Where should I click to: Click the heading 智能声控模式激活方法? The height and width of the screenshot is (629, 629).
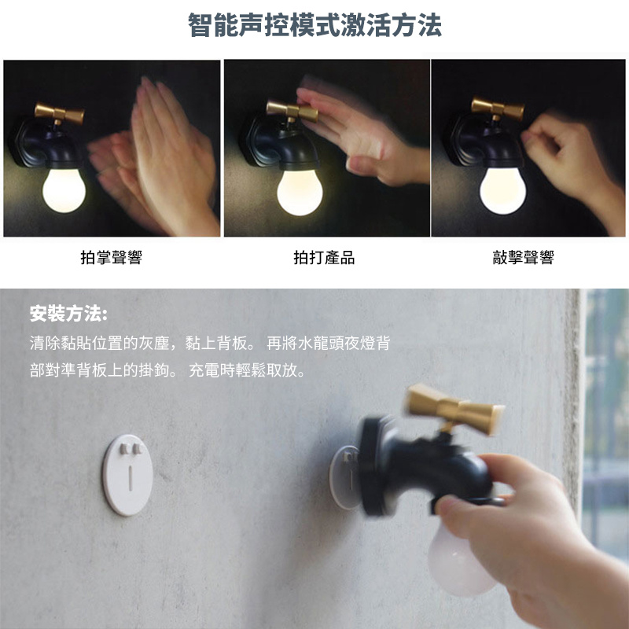[x=314, y=25]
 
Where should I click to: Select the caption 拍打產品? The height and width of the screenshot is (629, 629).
[x=324, y=258]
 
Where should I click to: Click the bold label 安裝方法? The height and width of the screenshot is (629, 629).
[x=68, y=314]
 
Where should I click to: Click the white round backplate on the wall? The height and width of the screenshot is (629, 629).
[x=128, y=475]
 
